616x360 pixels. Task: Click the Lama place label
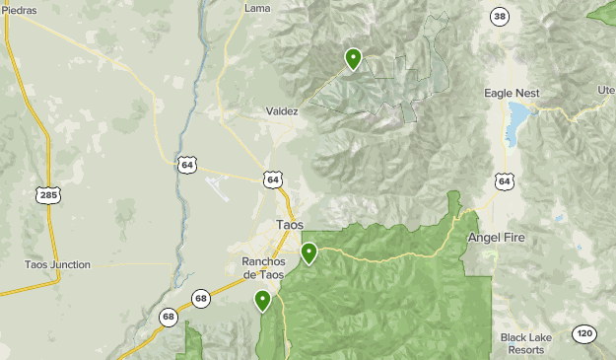pos(256,9)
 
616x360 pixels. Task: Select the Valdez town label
pos(282,112)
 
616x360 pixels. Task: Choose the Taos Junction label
pos(57,264)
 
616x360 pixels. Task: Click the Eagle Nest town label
pos(512,93)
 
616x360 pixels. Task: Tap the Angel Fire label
pos(497,238)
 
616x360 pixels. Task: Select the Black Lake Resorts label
pos(521,343)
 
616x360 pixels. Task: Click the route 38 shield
pos(501,17)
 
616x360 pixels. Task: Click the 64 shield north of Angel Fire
pos(505,180)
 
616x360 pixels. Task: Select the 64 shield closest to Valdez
pos(273,180)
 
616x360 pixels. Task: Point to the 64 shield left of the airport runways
pos(187,165)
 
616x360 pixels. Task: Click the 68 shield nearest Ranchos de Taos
pos(201,298)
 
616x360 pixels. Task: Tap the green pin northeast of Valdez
pos(353,59)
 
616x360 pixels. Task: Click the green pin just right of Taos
pos(309,252)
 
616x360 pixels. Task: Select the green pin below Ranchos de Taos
pos(262,300)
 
